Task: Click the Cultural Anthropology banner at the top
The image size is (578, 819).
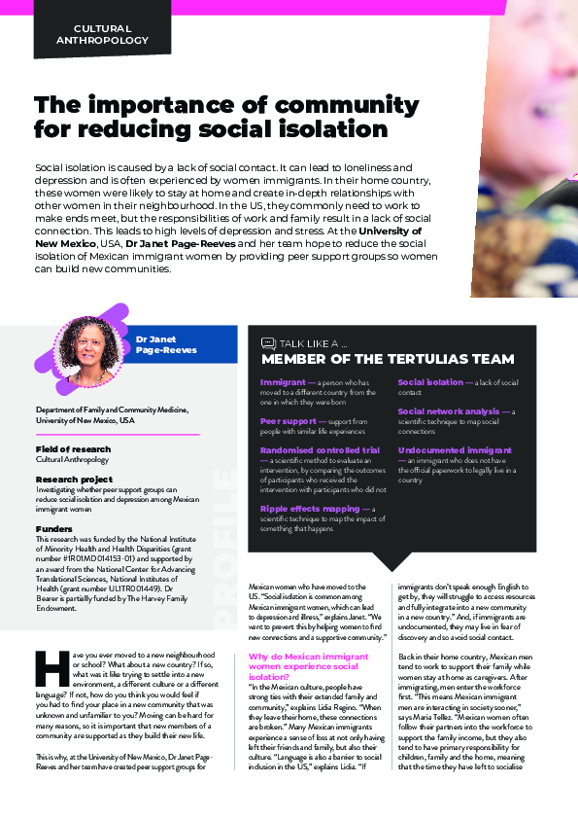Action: (x=111, y=35)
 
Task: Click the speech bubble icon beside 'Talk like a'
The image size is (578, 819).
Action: (x=268, y=343)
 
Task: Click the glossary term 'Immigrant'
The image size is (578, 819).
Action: (x=283, y=383)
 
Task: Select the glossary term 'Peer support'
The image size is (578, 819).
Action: (x=288, y=420)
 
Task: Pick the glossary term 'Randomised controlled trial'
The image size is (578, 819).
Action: (x=320, y=450)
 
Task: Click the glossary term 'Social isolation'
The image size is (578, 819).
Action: (x=430, y=383)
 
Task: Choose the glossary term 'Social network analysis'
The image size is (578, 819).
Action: (x=448, y=411)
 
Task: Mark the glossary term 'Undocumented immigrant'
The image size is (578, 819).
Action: (x=455, y=450)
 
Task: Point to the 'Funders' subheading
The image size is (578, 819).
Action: (x=53, y=529)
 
